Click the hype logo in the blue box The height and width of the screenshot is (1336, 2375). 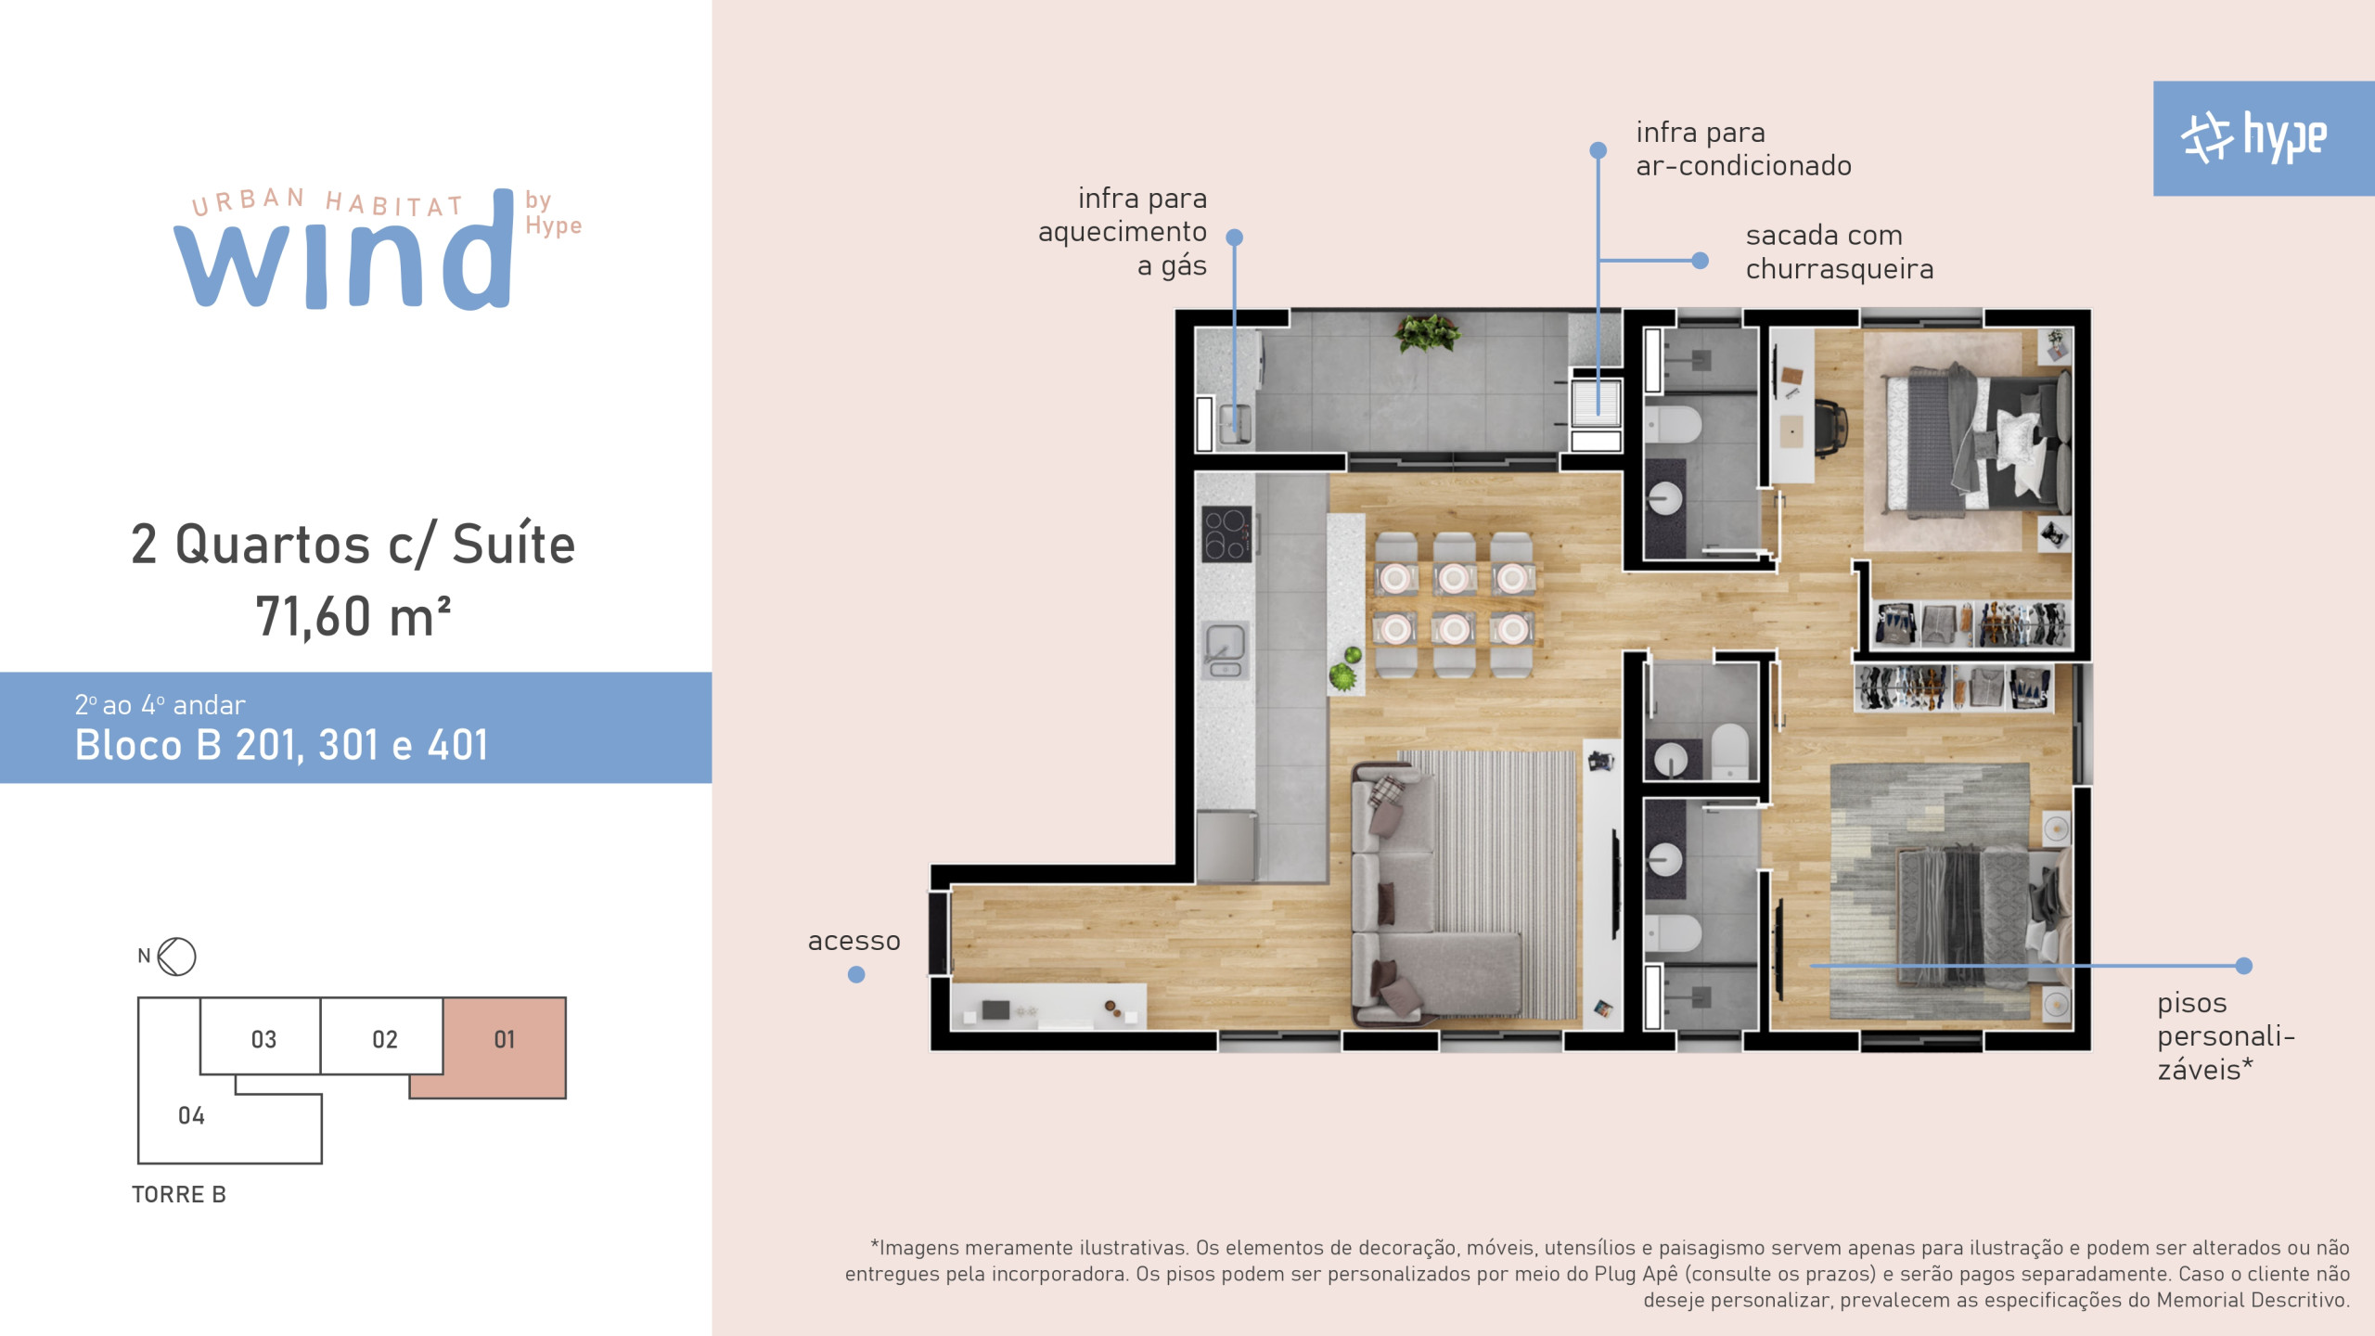click(x=2253, y=137)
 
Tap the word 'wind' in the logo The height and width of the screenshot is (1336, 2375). click(x=343, y=250)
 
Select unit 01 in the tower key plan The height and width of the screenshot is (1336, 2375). click(x=505, y=1040)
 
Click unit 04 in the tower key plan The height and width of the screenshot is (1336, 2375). click(x=191, y=1115)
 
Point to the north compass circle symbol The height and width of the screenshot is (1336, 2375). click(x=176, y=957)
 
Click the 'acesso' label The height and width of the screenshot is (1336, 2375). click(x=854, y=941)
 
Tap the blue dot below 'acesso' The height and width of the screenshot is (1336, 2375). click(x=856, y=974)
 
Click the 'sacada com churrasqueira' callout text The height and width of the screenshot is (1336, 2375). click(x=1839, y=252)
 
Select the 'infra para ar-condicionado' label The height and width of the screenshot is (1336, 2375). click(x=1743, y=148)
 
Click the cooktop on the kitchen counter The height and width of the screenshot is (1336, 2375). click(x=1226, y=534)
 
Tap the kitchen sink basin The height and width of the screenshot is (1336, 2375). click(x=1225, y=642)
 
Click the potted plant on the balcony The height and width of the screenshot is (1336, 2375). click(x=1427, y=332)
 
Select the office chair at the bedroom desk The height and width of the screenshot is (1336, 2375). click(x=1829, y=429)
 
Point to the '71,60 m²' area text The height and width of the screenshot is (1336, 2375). click(x=353, y=616)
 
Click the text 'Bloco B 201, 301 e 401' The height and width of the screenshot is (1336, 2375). click(x=281, y=744)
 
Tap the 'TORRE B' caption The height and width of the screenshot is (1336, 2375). click(x=179, y=1194)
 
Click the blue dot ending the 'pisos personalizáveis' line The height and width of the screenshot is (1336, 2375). click(x=2243, y=966)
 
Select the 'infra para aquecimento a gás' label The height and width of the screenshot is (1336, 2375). click(x=1123, y=232)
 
